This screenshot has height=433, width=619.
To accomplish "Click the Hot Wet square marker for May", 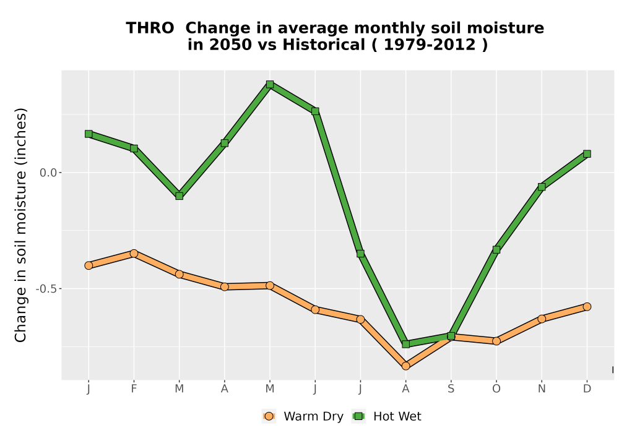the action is coord(270,84).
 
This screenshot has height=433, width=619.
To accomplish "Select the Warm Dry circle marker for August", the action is coord(405,366).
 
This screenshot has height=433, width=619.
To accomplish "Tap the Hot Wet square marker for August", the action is coord(405,344).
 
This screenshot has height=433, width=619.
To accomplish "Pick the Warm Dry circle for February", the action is coord(134,253).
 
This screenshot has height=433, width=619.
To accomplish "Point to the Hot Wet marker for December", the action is coord(587,154).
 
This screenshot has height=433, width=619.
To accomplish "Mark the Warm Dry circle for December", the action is coord(587,306).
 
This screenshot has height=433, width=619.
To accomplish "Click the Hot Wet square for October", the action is coord(496,250).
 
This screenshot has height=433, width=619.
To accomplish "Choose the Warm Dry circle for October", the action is coord(496,341).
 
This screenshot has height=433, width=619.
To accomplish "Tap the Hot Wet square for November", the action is coord(542,187).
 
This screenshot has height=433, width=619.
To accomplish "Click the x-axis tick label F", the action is coord(134,389).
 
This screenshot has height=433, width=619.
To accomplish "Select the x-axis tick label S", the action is coord(451,389).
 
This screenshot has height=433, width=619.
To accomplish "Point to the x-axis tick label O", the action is coord(496,389).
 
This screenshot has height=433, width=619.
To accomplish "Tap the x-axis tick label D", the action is coord(587,389).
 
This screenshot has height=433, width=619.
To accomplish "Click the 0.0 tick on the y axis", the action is coord(48,173).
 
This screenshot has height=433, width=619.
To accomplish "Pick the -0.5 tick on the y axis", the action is coord(46,289).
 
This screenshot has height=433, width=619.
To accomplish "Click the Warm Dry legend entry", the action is coord(303,416).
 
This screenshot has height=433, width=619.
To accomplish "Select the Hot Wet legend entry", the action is coord(386,416).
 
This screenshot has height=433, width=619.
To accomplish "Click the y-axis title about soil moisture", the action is coord(20,225).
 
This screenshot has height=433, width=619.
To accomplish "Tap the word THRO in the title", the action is coord(150,28).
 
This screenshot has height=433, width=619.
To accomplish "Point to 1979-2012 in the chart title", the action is coord(430,45).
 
